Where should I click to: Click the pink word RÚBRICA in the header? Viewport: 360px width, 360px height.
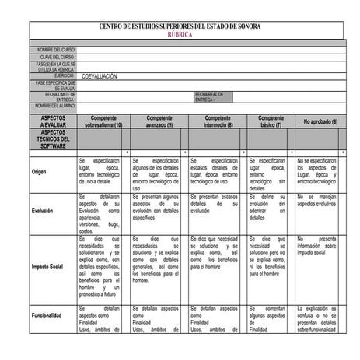pyautogui.click(x=180, y=36)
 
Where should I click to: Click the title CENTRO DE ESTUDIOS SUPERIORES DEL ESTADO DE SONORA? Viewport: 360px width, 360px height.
pyautogui.click(x=180, y=27)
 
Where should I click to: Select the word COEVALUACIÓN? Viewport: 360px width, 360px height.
pyautogui.click(x=100, y=76)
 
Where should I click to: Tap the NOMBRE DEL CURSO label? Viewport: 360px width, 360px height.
pyautogui.click(x=56, y=50)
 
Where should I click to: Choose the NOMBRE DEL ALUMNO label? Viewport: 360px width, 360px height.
pyautogui.click(x=54, y=106)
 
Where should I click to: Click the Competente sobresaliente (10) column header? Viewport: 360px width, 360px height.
pyautogui.click(x=103, y=121)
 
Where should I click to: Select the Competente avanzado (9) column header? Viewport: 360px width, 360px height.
pyautogui.click(x=159, y=121)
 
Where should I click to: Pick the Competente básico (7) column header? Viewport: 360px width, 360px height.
pyautogui.click(x=268, y=121)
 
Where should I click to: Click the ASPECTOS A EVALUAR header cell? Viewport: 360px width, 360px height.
pyautogui.click(x=54, y=121)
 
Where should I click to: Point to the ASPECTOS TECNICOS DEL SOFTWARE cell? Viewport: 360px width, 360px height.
pyautogui.click(x=54, y=139)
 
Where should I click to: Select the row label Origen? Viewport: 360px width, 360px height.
pyautogui.click(x=40, y=173)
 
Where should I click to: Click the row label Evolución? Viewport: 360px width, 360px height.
pyautogui.click(x=44, y=211)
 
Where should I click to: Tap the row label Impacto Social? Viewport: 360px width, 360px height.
pyautogui.click(x=48, y=266)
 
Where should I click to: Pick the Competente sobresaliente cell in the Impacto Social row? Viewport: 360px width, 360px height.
pyautogui.click(x=101, y=268)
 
